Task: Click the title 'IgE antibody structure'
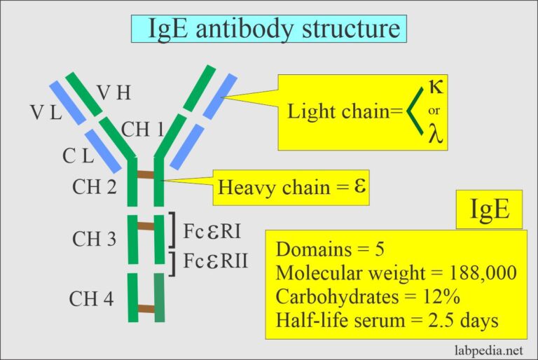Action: tap(269, 29)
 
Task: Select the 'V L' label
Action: tap(45, 113)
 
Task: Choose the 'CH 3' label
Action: tap(94, 239)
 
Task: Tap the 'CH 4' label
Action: tap(91, 299)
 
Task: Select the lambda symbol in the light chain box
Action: tap(435, 134)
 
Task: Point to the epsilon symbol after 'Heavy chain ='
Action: tap(362, 188)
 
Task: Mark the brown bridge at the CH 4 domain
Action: tap(146, 308)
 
